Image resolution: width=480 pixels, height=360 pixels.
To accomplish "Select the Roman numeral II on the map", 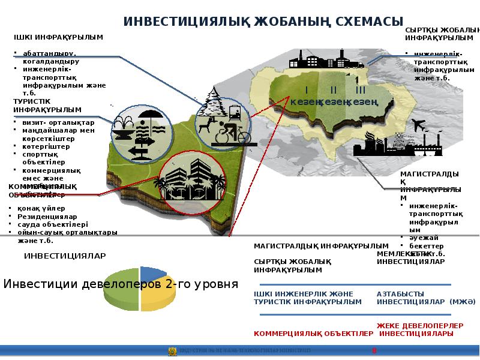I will point(332,90).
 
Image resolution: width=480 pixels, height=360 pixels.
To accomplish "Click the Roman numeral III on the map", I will point(360,90).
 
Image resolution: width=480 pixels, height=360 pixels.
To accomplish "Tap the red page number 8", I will point(374,350).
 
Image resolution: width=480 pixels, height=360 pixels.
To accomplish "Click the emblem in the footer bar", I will point(172,351).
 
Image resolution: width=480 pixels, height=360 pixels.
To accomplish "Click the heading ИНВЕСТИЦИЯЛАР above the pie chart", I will point(65,256).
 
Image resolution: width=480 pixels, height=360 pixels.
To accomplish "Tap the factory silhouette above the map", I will point(324,59).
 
